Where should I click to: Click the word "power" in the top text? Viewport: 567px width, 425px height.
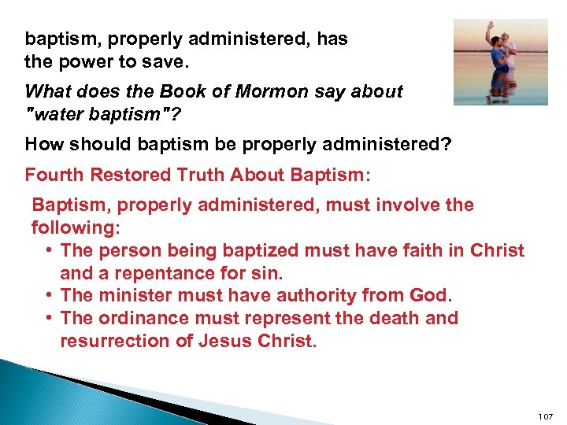82,61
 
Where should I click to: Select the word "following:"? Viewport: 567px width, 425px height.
75,228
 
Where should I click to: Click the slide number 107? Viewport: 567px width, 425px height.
545,415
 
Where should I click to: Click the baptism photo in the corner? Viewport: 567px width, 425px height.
500,62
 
